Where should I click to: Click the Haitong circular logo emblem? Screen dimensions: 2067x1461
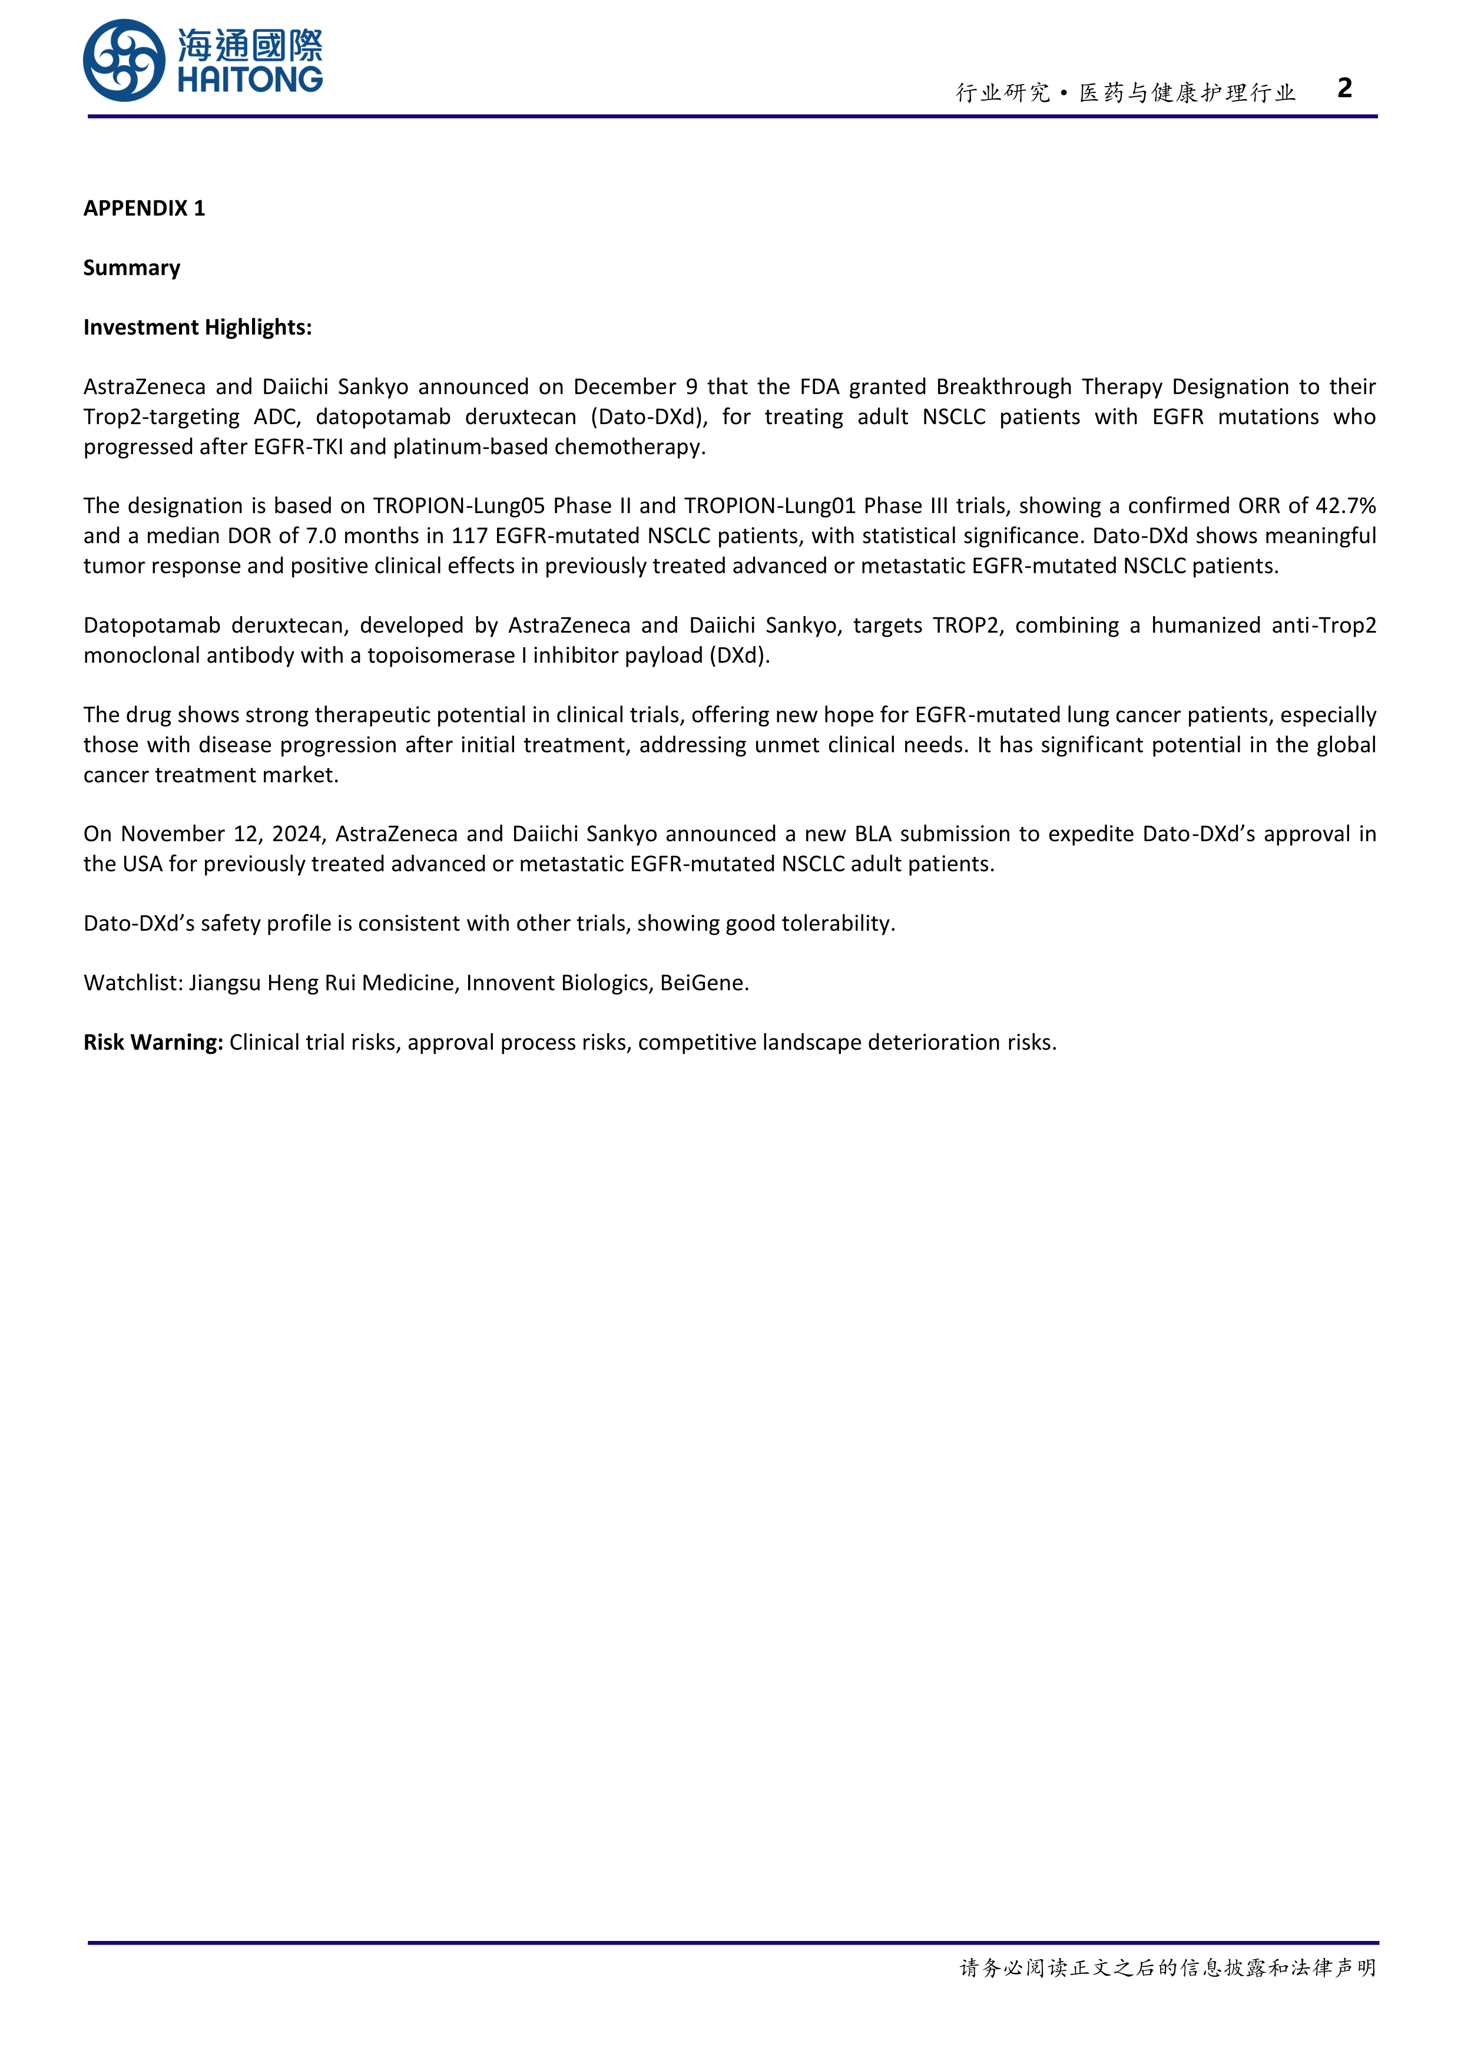click(124, 60)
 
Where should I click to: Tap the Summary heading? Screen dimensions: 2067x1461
click(131, 267)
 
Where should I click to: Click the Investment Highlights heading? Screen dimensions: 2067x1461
click(197, 327)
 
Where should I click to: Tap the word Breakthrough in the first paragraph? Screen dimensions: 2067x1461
click(1003, 386)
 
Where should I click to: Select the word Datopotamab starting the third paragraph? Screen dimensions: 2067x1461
click(151, 625)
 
